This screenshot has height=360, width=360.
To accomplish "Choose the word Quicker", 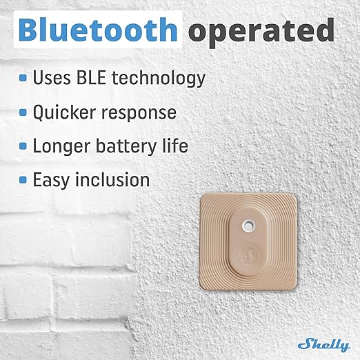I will [x=64, y=112].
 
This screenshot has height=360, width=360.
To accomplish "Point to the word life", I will [x=174, y=146].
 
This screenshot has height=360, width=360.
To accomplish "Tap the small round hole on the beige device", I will [x=248, y=224].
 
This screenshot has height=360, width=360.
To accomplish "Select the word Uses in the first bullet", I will [x=54, y=79].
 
